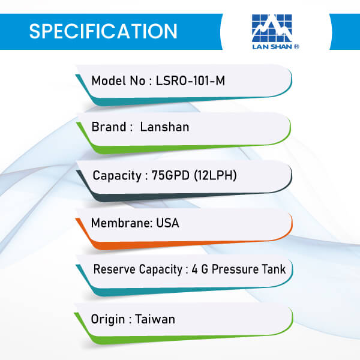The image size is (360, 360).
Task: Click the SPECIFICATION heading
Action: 103,31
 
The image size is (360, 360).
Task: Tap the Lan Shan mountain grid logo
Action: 272,28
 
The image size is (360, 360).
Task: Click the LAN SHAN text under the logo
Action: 272,47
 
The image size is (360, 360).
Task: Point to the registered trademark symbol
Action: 296,47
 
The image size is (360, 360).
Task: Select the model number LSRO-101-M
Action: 190,81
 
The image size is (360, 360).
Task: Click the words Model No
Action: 118,81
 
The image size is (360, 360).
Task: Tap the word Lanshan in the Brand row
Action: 164,127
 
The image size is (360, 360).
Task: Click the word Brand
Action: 109,127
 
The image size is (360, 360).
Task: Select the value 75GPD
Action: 170,175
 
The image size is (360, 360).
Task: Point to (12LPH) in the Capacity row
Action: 215,175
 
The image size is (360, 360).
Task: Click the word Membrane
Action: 121,223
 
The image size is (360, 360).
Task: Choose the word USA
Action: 167,223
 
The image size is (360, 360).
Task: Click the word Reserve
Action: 115,269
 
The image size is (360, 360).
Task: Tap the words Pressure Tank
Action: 248,269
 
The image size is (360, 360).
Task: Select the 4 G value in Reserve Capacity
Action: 200,269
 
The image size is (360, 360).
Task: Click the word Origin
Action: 107,319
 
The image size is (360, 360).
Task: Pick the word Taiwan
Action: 155,319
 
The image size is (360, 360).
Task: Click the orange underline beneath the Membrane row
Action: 184,244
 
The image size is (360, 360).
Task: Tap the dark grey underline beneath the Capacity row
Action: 184,196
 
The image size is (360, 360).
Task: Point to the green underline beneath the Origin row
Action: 184,338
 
